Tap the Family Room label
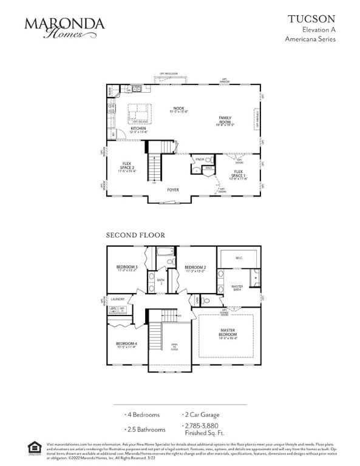[226, 119]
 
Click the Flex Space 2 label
[127, 166]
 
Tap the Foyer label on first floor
[173, 189]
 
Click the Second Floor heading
[135, 235]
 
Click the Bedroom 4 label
[126, 345]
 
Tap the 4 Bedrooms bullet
[144, 415]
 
